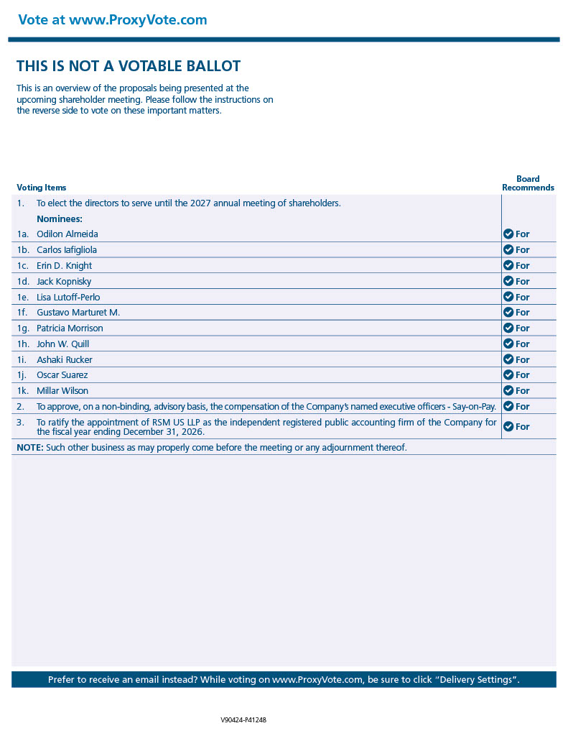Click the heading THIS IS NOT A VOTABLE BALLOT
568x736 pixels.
point(129,66)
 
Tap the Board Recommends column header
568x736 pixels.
point(528,183)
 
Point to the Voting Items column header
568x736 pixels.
point(42,188)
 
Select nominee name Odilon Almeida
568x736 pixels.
point(67,234)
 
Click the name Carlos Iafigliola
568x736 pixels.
point(67,250)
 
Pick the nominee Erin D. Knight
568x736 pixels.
point(65,266)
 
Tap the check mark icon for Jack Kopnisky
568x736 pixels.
point(508,281)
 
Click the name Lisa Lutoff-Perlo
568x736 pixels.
point(68,297)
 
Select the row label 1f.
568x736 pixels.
point(23,313)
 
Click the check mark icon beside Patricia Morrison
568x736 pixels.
point(508,328)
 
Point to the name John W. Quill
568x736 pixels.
point(63,344)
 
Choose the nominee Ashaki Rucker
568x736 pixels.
point(65,360)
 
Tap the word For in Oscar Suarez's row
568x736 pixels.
point(522,375)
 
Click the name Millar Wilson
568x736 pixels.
point(62,391)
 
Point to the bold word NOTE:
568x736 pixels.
point(29,448)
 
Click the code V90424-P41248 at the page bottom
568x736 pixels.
point(243,719)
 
